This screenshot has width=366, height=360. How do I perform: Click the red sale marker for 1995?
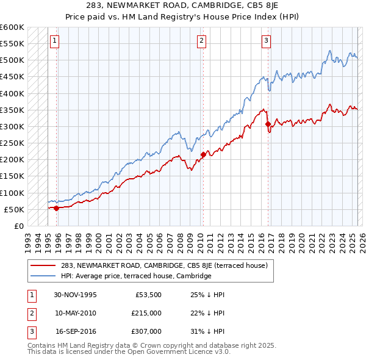(x=56, y=208)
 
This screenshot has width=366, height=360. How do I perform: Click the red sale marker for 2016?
(x=268, y=124)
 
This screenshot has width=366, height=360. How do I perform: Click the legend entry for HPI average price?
(x=135, y=276)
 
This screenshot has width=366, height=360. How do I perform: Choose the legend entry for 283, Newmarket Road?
(x=164, y=265)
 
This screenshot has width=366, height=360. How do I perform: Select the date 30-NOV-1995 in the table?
(x=75, y=295)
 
